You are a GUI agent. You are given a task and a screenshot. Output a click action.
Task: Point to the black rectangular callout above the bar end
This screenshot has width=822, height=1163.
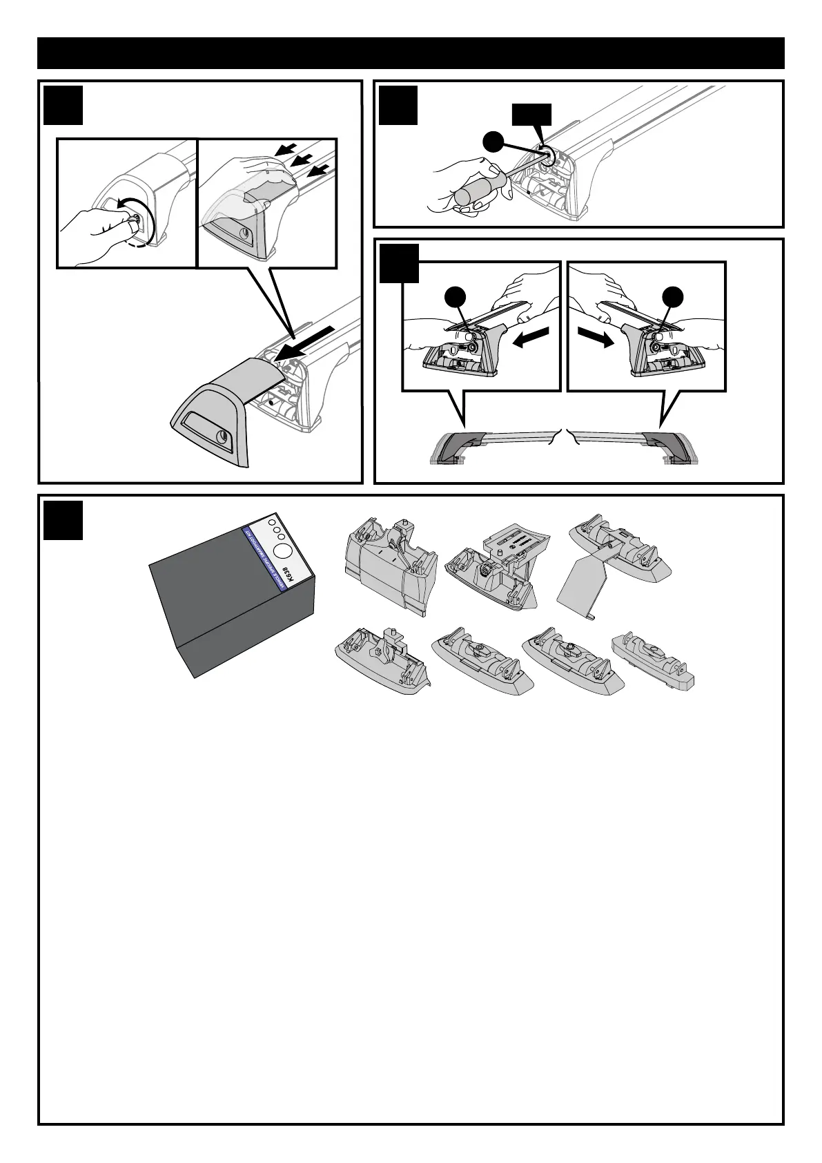coord(531,115)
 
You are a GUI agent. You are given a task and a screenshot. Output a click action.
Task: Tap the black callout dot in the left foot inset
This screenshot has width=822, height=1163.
coord(455,297)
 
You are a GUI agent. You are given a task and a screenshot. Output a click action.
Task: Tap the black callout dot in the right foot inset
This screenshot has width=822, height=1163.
coord(672,297)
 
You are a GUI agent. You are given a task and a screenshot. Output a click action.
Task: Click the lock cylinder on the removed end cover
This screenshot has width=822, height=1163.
coord(224,436)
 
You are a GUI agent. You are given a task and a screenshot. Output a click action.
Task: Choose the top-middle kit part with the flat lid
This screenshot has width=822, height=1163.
coord(497,560)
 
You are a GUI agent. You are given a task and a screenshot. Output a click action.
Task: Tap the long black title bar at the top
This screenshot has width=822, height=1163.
coord(411,53)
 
